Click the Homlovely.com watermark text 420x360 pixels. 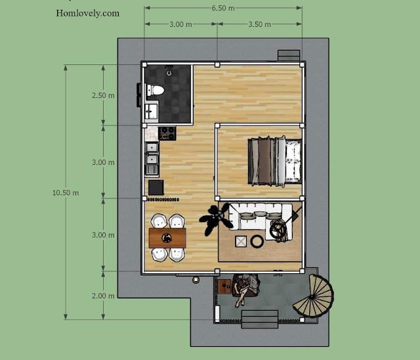(87, 13)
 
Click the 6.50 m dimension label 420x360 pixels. (223, 9)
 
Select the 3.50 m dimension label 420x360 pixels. (260, 24)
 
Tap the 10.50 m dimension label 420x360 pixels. (66, 192)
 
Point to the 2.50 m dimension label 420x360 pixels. (103, 95)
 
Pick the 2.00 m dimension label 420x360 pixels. (103, 296)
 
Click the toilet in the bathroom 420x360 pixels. (155, 90)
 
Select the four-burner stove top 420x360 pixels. (167, 133)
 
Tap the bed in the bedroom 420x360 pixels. (274, 162)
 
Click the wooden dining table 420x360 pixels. (167, 238)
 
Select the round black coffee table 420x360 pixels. (257, 242)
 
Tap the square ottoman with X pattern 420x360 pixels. (241, 242)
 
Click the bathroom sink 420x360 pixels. (152, 111)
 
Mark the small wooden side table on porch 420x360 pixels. (224, 286)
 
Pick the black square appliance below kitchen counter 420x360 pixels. (156, 188)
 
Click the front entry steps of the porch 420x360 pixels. (260, 319)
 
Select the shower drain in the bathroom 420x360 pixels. (169, 73)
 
